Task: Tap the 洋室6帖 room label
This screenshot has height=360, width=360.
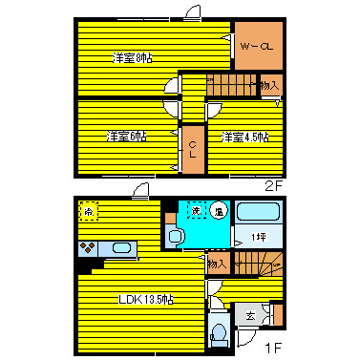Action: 126,137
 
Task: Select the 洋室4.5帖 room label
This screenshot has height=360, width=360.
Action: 245,137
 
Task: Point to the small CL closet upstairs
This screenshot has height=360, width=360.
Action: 192,149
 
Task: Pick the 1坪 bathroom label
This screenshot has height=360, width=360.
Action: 257,237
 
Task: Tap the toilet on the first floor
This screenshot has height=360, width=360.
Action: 218,333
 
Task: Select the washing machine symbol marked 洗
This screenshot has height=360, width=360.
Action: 196,210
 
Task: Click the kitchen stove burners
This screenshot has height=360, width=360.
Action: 89,249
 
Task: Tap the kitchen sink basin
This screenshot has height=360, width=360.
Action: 121,248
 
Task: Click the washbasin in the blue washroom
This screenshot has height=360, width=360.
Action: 175,236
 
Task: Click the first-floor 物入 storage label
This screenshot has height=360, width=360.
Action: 218,264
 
